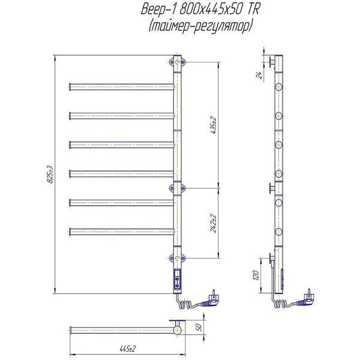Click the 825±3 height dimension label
click(x=50, y=175)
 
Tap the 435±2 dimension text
click(x=214, y=125)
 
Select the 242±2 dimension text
click(x=214, y=223)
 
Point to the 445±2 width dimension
click(x=128, y=349)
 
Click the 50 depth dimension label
click(x=199, y=327)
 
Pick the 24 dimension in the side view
click(x=259, y=75)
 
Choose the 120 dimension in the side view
click(x=256, y=275)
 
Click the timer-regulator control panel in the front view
click(x=178, y=279)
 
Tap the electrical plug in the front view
click(x=211, y=299)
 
